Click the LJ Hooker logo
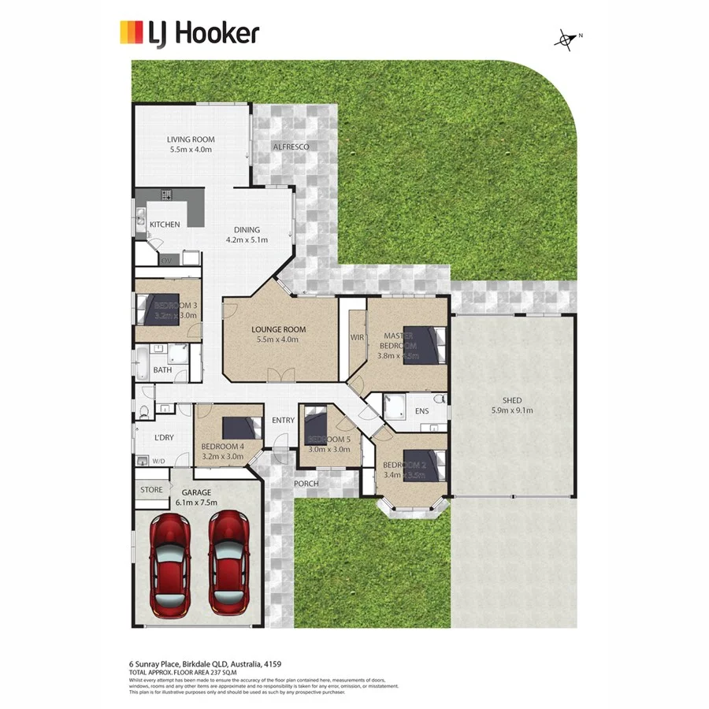[x=188, y=33]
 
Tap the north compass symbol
[x=565, y=39]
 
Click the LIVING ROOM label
[x=190, y=139]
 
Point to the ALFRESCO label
[x=291, y=147]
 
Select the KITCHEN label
[x=165, y=225]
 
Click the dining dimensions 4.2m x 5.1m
[x=247, y=239]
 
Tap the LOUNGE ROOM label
[x=278, y=329]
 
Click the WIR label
[x=357, y=337]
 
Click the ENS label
[x=421, y=410]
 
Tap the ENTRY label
[x=283, y=421]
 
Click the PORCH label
[x=306, y=483]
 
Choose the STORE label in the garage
[x=151, y=489]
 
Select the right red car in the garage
[x=228, y=564]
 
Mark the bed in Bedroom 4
[x=240, y=428]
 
